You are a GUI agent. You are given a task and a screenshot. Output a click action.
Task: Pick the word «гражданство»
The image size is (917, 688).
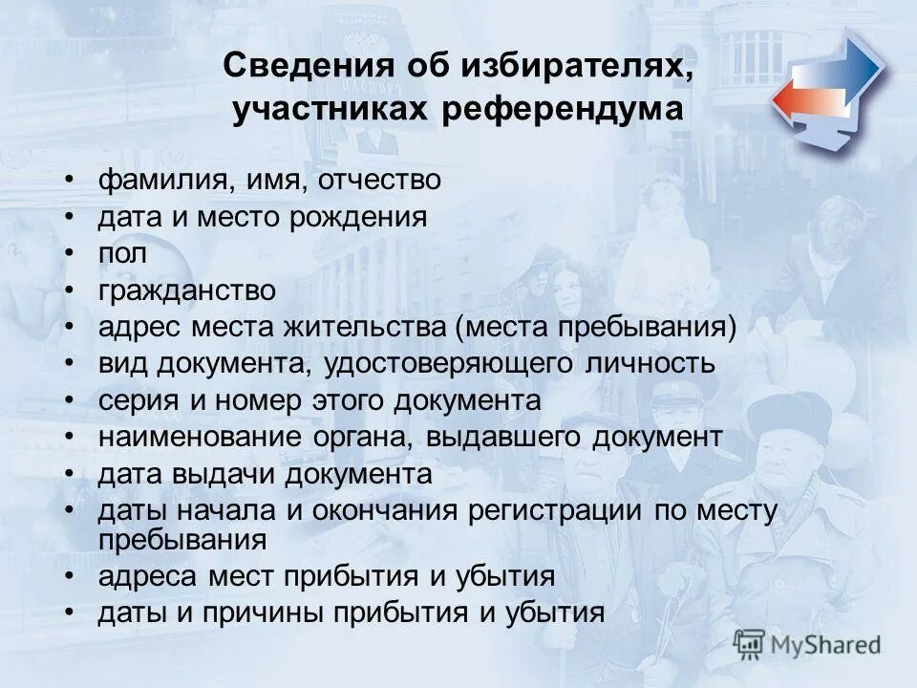coord(186,290)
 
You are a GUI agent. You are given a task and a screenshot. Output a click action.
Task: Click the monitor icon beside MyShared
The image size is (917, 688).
coord(750,644)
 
